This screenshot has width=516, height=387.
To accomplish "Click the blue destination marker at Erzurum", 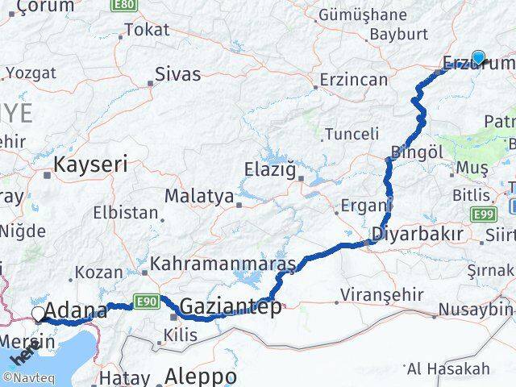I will coord(478,57).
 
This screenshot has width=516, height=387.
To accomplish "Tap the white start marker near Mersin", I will coord(39,314).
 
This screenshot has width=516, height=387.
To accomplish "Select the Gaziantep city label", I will coord(231,307).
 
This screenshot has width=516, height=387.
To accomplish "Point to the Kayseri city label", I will coord(90,165).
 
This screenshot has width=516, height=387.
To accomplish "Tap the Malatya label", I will coord(199,196).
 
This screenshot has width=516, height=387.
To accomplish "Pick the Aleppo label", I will coord(201,377).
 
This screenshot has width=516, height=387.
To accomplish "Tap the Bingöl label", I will coord(417,152).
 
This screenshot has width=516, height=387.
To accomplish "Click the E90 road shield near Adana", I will coord(146,302).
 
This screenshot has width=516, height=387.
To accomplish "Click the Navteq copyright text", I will coord(29,377).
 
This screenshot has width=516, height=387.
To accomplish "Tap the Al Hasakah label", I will coord(449,368).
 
